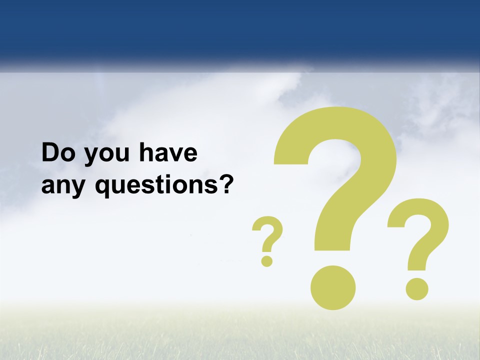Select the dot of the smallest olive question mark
[x=267, y=260]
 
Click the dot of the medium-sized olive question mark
[x=416, y=288]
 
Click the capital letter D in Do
[x=50, y=153]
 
